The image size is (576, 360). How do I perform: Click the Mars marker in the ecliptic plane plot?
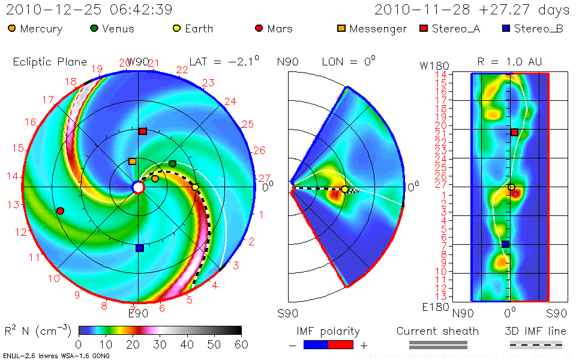(60, 211)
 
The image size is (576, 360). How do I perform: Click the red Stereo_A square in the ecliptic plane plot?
(143, 131)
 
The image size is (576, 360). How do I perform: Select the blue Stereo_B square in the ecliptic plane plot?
(139, 248)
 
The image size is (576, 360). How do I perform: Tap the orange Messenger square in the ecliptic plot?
(132, 161)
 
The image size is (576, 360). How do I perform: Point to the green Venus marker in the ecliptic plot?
(173, 163)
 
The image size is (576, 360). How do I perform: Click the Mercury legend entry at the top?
(36, 29)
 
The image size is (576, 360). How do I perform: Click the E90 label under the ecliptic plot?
(139, 312)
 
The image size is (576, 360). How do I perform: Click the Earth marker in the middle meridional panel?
(345, 190)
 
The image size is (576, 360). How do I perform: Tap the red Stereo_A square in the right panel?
(514, 132)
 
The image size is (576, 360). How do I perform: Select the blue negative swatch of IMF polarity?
(316, 345)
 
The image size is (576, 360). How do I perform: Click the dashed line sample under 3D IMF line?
(536, 345)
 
